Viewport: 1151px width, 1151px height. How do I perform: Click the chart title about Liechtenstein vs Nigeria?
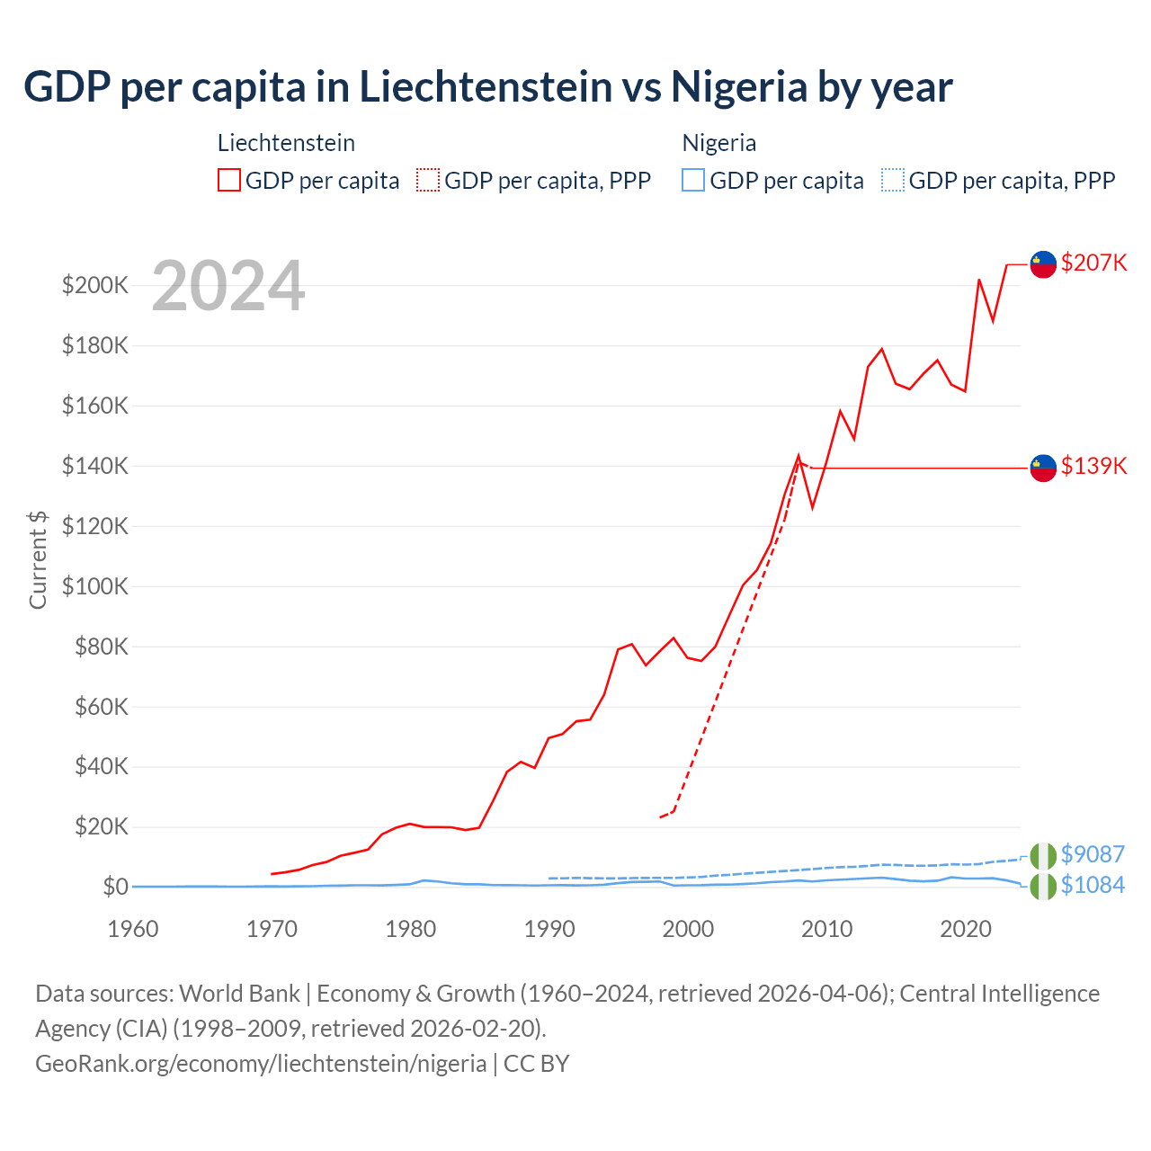tap(487, 87)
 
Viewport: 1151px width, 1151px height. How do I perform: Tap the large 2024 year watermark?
tap(228, 286)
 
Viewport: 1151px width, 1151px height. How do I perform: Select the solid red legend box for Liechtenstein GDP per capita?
tap(229, 180)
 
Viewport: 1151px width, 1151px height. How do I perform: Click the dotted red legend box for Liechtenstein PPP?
tap(428, 180)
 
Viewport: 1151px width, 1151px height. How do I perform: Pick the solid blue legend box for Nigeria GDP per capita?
tap(693, 180)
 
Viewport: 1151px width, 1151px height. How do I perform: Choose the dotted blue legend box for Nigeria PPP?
tap(893, 180)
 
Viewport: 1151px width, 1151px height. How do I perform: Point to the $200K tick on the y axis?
tap(95, 286)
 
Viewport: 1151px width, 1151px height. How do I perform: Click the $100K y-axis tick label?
tap(95, 586)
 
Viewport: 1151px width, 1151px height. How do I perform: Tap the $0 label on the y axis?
tap(115, 887)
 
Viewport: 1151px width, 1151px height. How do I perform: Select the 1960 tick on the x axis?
tap(133, 929)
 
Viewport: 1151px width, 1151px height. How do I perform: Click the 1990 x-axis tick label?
tap(549, 929)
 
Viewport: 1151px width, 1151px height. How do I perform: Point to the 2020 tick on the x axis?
tap(966, 929)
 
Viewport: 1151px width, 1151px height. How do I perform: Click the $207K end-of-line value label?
tap(1093, 263)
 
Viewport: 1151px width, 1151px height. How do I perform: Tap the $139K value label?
tap(1093, 466)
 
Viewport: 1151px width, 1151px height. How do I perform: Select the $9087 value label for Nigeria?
tap(1093, 854)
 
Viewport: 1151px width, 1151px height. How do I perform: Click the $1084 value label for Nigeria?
tap(1093, 885)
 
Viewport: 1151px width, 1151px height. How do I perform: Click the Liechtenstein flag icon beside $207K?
tap(1043, 264)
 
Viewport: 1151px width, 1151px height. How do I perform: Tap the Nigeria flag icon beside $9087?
tap(1043, 856)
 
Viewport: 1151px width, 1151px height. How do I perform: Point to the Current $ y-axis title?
tap(38, 559)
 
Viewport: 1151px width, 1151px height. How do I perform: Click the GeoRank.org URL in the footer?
tap(261, 1064)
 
